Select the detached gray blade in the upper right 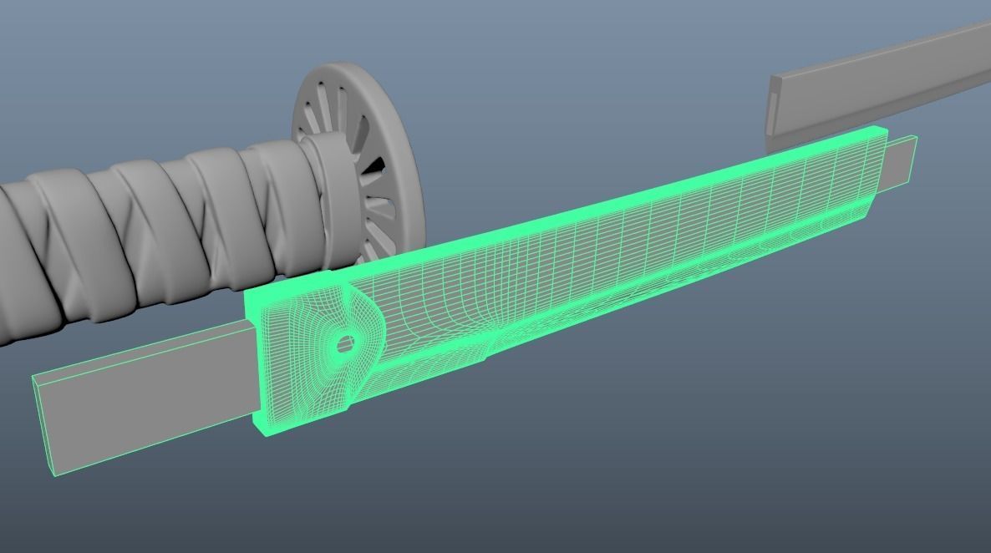coord(877,84)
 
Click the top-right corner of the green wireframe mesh coord(884,129)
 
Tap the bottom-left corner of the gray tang coord(55,475)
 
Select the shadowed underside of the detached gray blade coord(877,109)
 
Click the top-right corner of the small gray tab coord(917,137)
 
